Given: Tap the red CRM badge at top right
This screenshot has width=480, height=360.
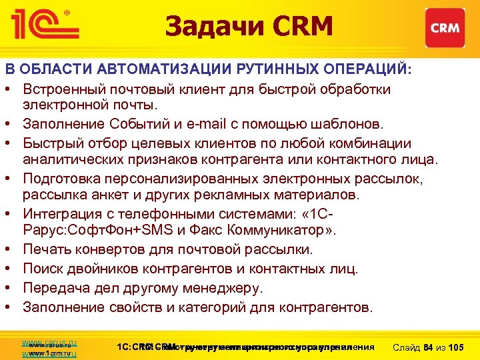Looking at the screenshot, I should click(443, 27).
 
